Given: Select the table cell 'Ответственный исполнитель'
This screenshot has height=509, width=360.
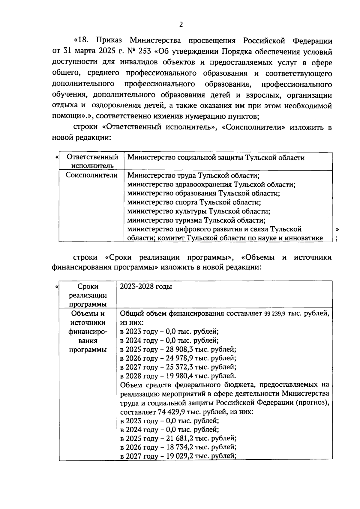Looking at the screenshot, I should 92,161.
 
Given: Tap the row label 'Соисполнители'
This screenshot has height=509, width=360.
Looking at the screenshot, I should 91,175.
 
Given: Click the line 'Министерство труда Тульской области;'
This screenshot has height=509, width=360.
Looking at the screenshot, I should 193,176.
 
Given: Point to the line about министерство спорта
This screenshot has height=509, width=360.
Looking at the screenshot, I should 194,202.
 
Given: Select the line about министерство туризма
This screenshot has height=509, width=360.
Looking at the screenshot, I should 196,220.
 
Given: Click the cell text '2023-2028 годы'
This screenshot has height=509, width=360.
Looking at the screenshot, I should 146,286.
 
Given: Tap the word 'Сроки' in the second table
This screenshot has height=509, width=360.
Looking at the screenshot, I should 88,287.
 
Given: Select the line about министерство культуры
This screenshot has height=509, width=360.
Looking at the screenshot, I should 199,211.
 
